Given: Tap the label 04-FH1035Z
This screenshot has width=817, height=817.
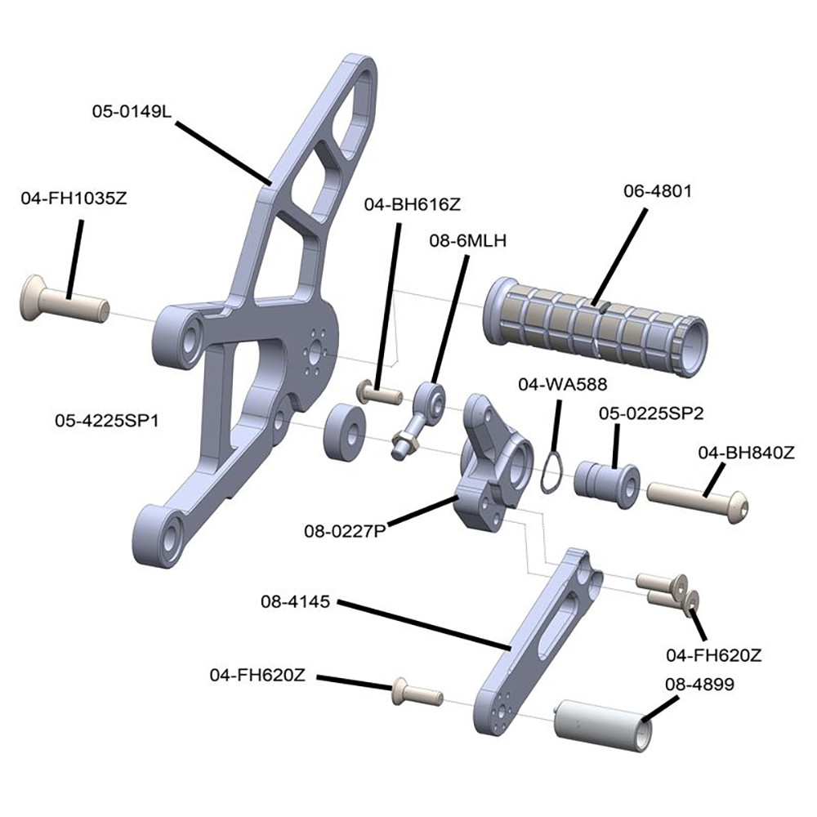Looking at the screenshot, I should pyautogui.click(x=74, y=197).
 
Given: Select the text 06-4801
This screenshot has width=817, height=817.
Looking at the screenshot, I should pyautogui.click(x=657, y=192).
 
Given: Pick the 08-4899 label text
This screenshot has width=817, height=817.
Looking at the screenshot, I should pyautogui.click(x=699, y=685).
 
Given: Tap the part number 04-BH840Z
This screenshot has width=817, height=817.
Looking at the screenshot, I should pyautogui.click(x=746, y=452).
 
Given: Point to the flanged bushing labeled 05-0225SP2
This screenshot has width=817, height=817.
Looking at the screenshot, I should pyautogui.click(x=605, y=482).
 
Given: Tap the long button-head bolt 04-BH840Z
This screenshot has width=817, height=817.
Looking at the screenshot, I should pyautogui.click(x=699, y=495).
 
